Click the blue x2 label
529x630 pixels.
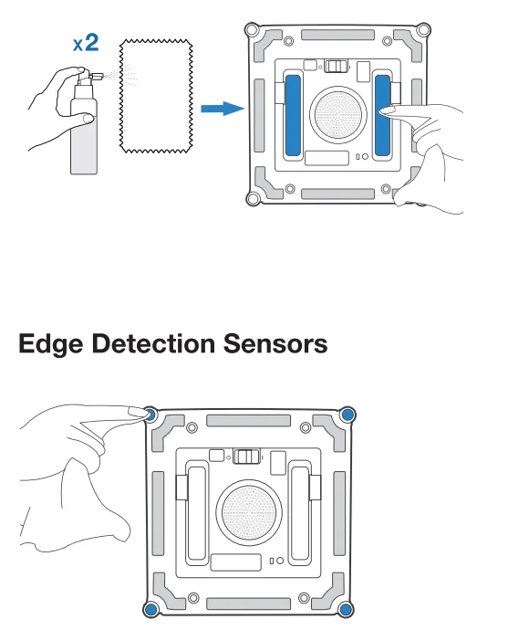point(86,43)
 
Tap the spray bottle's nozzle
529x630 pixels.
point(97,76)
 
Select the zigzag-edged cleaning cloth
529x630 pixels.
point(156,96)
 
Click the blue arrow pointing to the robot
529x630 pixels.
point(223,109)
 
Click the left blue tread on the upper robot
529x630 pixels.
point(293,115)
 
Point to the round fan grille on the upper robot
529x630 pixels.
point(338,115)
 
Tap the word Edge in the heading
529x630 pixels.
point(51,345)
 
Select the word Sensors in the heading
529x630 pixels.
point(275,344)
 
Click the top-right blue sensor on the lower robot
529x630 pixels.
point(347,415)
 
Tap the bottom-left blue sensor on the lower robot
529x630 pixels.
point(150,610)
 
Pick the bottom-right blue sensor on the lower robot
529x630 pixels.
point(346,610)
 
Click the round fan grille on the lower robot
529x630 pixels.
point(249,513)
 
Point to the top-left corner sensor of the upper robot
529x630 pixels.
point(252,29)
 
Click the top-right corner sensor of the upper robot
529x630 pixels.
point(423,29)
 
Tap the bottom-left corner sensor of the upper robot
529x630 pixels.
point(254,198)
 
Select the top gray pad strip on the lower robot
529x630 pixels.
point(248,421)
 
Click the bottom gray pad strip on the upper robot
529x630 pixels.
point(338,194)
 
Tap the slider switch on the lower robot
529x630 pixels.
point(246,457)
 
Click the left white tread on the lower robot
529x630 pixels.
point(197,513)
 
